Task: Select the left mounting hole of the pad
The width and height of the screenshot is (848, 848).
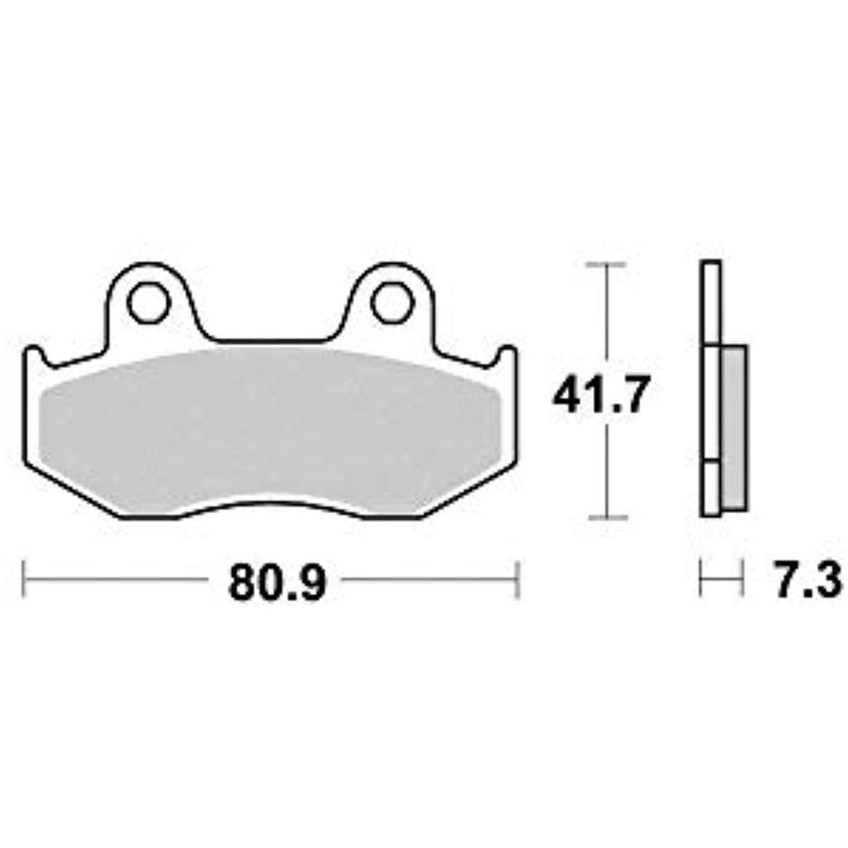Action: click(x=148, y=303)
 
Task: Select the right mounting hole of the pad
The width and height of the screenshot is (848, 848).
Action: click(x=392, y=303)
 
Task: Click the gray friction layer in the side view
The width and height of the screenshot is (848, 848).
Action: click(x=735, y=427)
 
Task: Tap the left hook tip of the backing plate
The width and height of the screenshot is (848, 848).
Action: click(x=33, y=349)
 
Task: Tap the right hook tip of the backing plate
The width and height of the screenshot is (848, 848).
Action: click(x=508, y=349)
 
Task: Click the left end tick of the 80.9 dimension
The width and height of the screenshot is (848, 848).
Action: click(x=23, y=580)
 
